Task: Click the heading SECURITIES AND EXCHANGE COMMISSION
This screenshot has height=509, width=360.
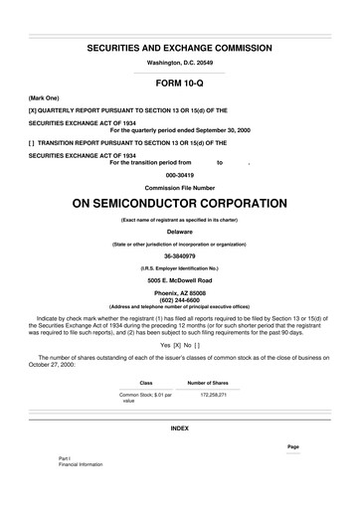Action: point(179,48)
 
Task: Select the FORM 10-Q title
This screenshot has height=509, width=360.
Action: point(179,84)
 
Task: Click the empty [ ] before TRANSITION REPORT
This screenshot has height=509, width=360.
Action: point(34,143)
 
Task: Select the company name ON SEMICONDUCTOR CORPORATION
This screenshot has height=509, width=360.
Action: point(179,203)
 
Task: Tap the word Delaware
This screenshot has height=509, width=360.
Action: point(179,231)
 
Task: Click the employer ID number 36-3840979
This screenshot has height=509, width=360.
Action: point(179,254)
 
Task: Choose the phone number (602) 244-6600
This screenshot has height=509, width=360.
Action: point(179,300)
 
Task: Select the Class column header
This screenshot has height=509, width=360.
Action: point(145,383)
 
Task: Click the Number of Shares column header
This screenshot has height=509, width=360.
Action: point(208,383)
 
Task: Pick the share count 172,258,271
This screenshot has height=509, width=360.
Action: point(213,395)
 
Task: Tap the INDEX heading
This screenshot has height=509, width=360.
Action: point(179,427)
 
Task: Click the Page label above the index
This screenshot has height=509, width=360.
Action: point(292,446)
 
